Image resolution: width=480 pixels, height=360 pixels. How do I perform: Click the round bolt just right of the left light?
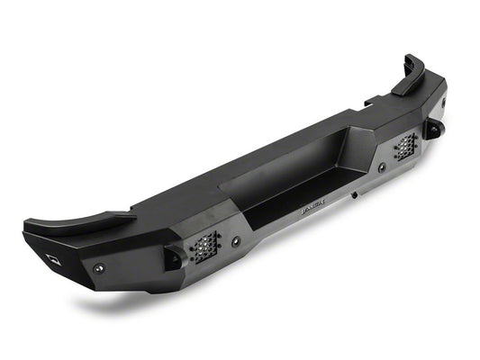click(236, 240)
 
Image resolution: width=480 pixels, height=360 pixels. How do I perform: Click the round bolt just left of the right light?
click(381, 167)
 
